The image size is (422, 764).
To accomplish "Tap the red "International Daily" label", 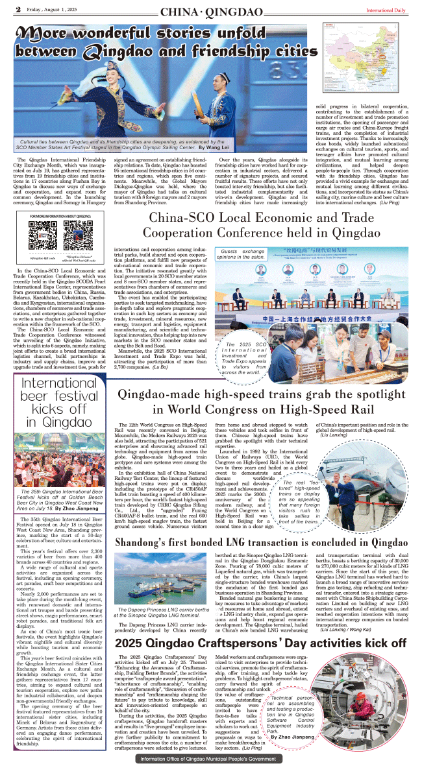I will (386, 10).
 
